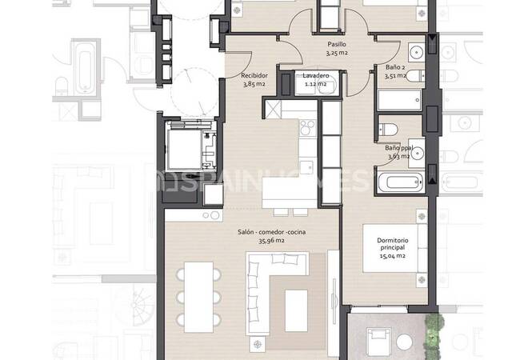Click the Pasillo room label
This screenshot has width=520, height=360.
click(x=337, y=44)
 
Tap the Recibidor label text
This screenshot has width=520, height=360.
click(x=254, y=75)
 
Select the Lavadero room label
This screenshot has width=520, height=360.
click(x=316, y=76)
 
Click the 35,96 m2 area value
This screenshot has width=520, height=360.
click(x=272, y=241)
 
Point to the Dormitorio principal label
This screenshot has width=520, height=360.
click(x=393, y=244)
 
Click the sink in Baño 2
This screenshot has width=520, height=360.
click(x=417, y=52)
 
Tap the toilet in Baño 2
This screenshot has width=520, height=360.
click(x=415, y=76)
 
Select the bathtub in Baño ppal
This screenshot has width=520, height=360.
click(x=401, y=182)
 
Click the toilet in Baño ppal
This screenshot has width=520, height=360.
click(x=388, y=130)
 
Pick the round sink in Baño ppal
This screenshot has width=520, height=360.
click(x=417, y=153)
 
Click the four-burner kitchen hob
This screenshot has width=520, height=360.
click(x=308, y=128)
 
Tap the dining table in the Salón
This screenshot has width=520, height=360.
click(x=198, y=297)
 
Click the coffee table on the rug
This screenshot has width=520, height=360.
click(x=296, y=310)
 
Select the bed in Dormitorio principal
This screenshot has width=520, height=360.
click(x=394, y=248)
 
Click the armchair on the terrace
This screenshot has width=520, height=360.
click(x=378, y=342)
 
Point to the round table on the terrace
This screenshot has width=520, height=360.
click(x=404, y=342)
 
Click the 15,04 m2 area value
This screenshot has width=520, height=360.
click(x=393, y=255)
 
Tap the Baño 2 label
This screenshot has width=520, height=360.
click(x=395, y=67)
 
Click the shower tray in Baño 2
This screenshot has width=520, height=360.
click(x=400, y=100)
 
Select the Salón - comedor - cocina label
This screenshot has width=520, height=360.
click(x=272, y=232)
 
